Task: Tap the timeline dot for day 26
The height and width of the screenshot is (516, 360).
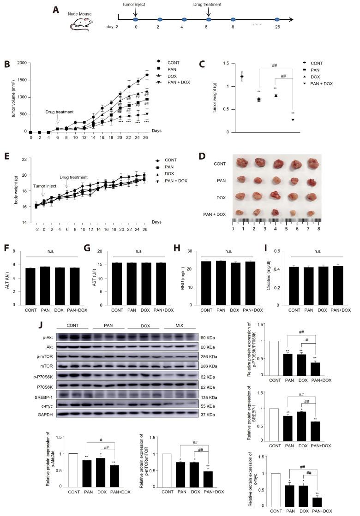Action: pyautogui.click(x=277, y=20)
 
